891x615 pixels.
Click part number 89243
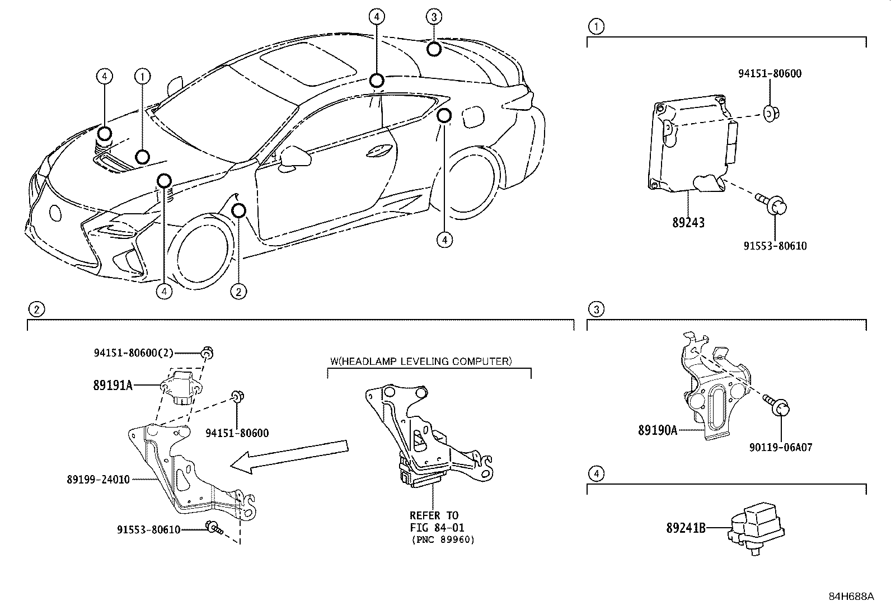(x=688, y=222)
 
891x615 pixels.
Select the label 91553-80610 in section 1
(x=775, y=246)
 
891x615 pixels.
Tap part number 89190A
(x=657, y=430)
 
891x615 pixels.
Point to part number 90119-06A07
(x=781, y=447)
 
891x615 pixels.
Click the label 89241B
(x=686, y=527)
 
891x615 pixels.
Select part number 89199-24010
(x=98, y=479)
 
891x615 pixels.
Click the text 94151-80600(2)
(x=133, y=353)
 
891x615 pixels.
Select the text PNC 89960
(x=442, y=540)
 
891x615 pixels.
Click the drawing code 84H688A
(x=851, y=596)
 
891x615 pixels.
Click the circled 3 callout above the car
(x=434, y=17)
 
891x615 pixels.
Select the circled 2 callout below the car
(x=238, y=291)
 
